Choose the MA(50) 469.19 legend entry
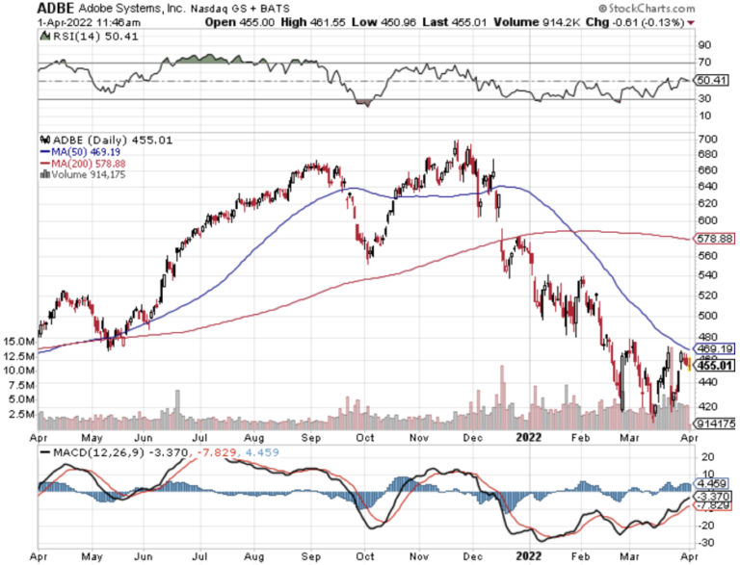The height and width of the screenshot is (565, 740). click(82, 151)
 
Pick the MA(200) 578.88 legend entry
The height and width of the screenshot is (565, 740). click(85, 163)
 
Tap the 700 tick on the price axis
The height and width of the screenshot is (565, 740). click(708, 140)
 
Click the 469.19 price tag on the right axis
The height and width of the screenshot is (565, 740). click(715, 348)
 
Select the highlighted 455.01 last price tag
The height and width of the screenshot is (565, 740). click(715, 365)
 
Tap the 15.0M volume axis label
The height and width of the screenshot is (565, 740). click(19, 342)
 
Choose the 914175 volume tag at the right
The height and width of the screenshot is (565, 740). click(715, 423)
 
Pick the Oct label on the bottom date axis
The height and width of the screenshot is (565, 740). click(364, 556)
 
